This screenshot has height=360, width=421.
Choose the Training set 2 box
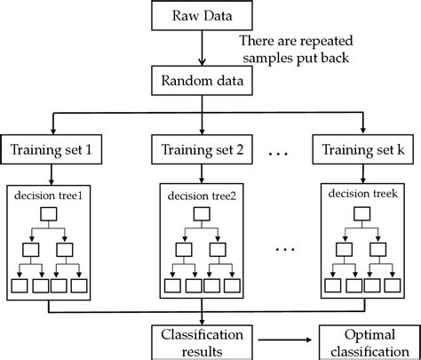204,150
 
